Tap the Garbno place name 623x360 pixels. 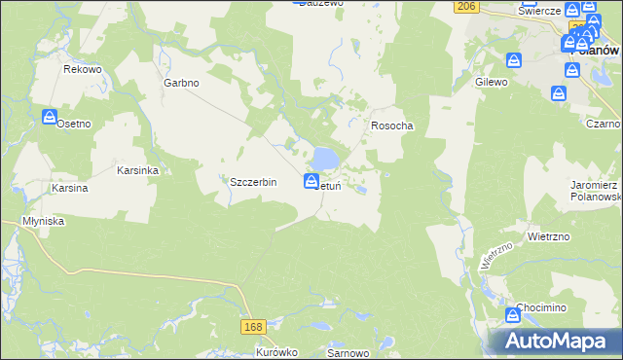[181, 83]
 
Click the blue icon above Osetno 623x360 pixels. [51, 117]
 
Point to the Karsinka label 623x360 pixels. [137, 170]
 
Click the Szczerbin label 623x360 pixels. [253, 182]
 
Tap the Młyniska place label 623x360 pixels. [43, 221]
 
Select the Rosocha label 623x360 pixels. [392, 126]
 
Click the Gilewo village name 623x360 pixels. [492, 83]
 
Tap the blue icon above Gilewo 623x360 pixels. [514, 60]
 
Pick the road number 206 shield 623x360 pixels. [466, 7]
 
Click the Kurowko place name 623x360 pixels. [275, 352]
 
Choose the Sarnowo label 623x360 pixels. [347, 352]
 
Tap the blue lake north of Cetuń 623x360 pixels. [325, 157]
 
